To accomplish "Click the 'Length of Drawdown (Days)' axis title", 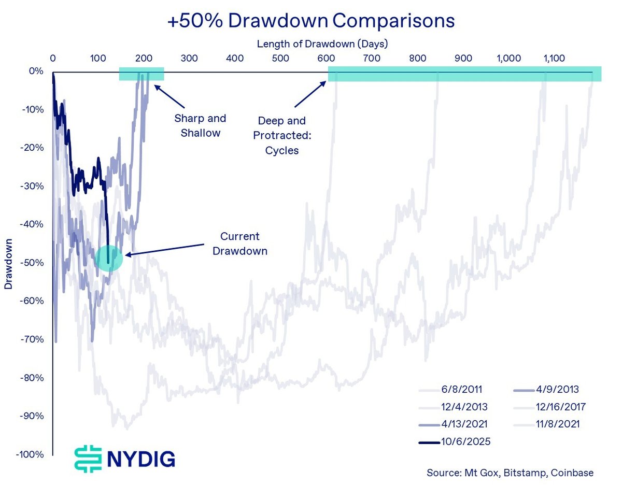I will tap(322, 44).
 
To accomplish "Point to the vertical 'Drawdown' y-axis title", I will tap(9, 264).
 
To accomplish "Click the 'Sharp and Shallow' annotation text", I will tap(201, 126).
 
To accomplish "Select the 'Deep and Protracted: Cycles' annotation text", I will tap(281, 136).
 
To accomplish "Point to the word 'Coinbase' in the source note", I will tap(572, 473).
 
